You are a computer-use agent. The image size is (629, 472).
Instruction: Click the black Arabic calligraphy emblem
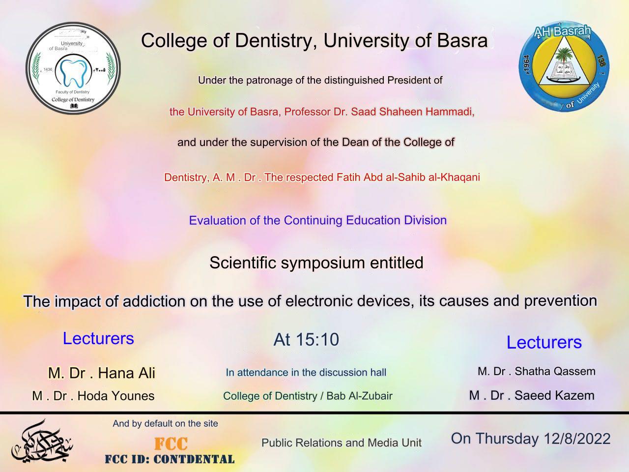pyautogui.click(x=42, y=442)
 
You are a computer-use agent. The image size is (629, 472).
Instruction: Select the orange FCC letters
pyautogui.click(x=171, y=443)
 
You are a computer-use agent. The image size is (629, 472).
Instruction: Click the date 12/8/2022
pyautogui.click(x=577, y=439)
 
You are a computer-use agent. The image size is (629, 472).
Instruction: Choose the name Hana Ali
pyautogui.click(x=126, y=373)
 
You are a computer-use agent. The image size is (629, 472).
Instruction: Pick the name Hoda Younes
pyautogui.click(x=116, y=396)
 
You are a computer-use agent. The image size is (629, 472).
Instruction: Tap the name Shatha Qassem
pyautogui.click(x=555, y=371)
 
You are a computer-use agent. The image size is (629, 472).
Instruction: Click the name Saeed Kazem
pyautogui.click(x=554, y=395)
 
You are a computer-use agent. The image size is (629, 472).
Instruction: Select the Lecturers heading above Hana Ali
pyautogui.click(x=98, y=338)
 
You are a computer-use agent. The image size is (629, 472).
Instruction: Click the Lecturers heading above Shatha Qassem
pyautogui.click(x=544, y=342)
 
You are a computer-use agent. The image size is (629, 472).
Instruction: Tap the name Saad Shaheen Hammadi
pyautogui.click(x=413, y=112)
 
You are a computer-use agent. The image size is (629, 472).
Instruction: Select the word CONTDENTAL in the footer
pyautogui.click(x=194, y=459)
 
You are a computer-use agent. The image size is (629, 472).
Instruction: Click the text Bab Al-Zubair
pyautogui.click(x=359, y=396)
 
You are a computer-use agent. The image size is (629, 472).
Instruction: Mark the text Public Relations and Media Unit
pyautogui.click(x=342, y=443)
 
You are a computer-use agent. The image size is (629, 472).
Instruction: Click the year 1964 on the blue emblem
pyautogui.click(x=527, y=65)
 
